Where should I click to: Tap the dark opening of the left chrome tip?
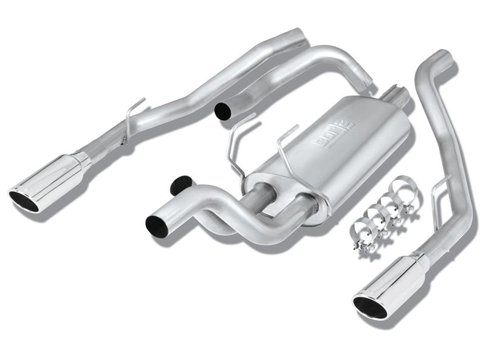point(24,201)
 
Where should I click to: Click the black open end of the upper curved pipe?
point(223,110)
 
